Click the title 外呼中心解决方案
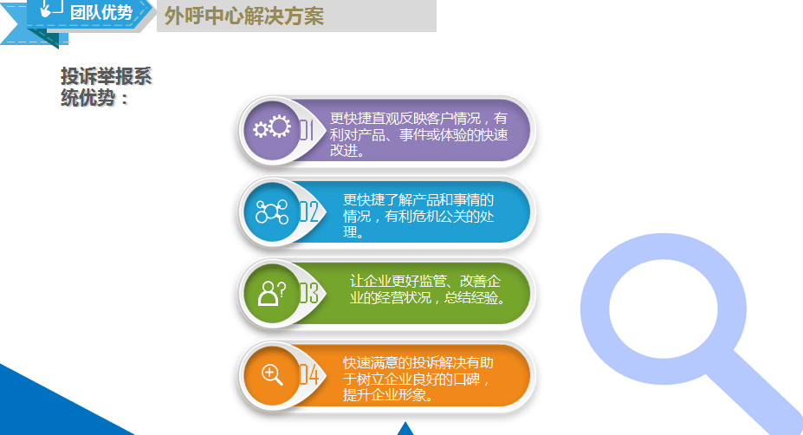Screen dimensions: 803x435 (243, 16)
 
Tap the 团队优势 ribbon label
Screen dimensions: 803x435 (101, 12)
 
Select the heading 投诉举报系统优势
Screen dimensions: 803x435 (106, 87)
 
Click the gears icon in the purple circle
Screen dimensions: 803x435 (272, 127)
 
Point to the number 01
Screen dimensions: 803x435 (307, 130)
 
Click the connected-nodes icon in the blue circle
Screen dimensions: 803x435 (271, 211)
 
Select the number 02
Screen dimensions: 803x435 (308, 211)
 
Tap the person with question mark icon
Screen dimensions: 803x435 (272, 294)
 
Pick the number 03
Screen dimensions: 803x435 (308, 294)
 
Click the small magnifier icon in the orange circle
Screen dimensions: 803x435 (272, 374)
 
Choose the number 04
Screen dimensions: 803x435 (309, 375)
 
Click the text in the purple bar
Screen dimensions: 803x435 (418, 134)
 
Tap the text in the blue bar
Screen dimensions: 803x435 (418, 216)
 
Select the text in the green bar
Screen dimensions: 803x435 (427, 289)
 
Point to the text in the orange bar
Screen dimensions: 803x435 (418, 379)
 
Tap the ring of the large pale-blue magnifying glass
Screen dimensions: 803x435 (594, 309)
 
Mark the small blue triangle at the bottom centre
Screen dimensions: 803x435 (405, 429)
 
